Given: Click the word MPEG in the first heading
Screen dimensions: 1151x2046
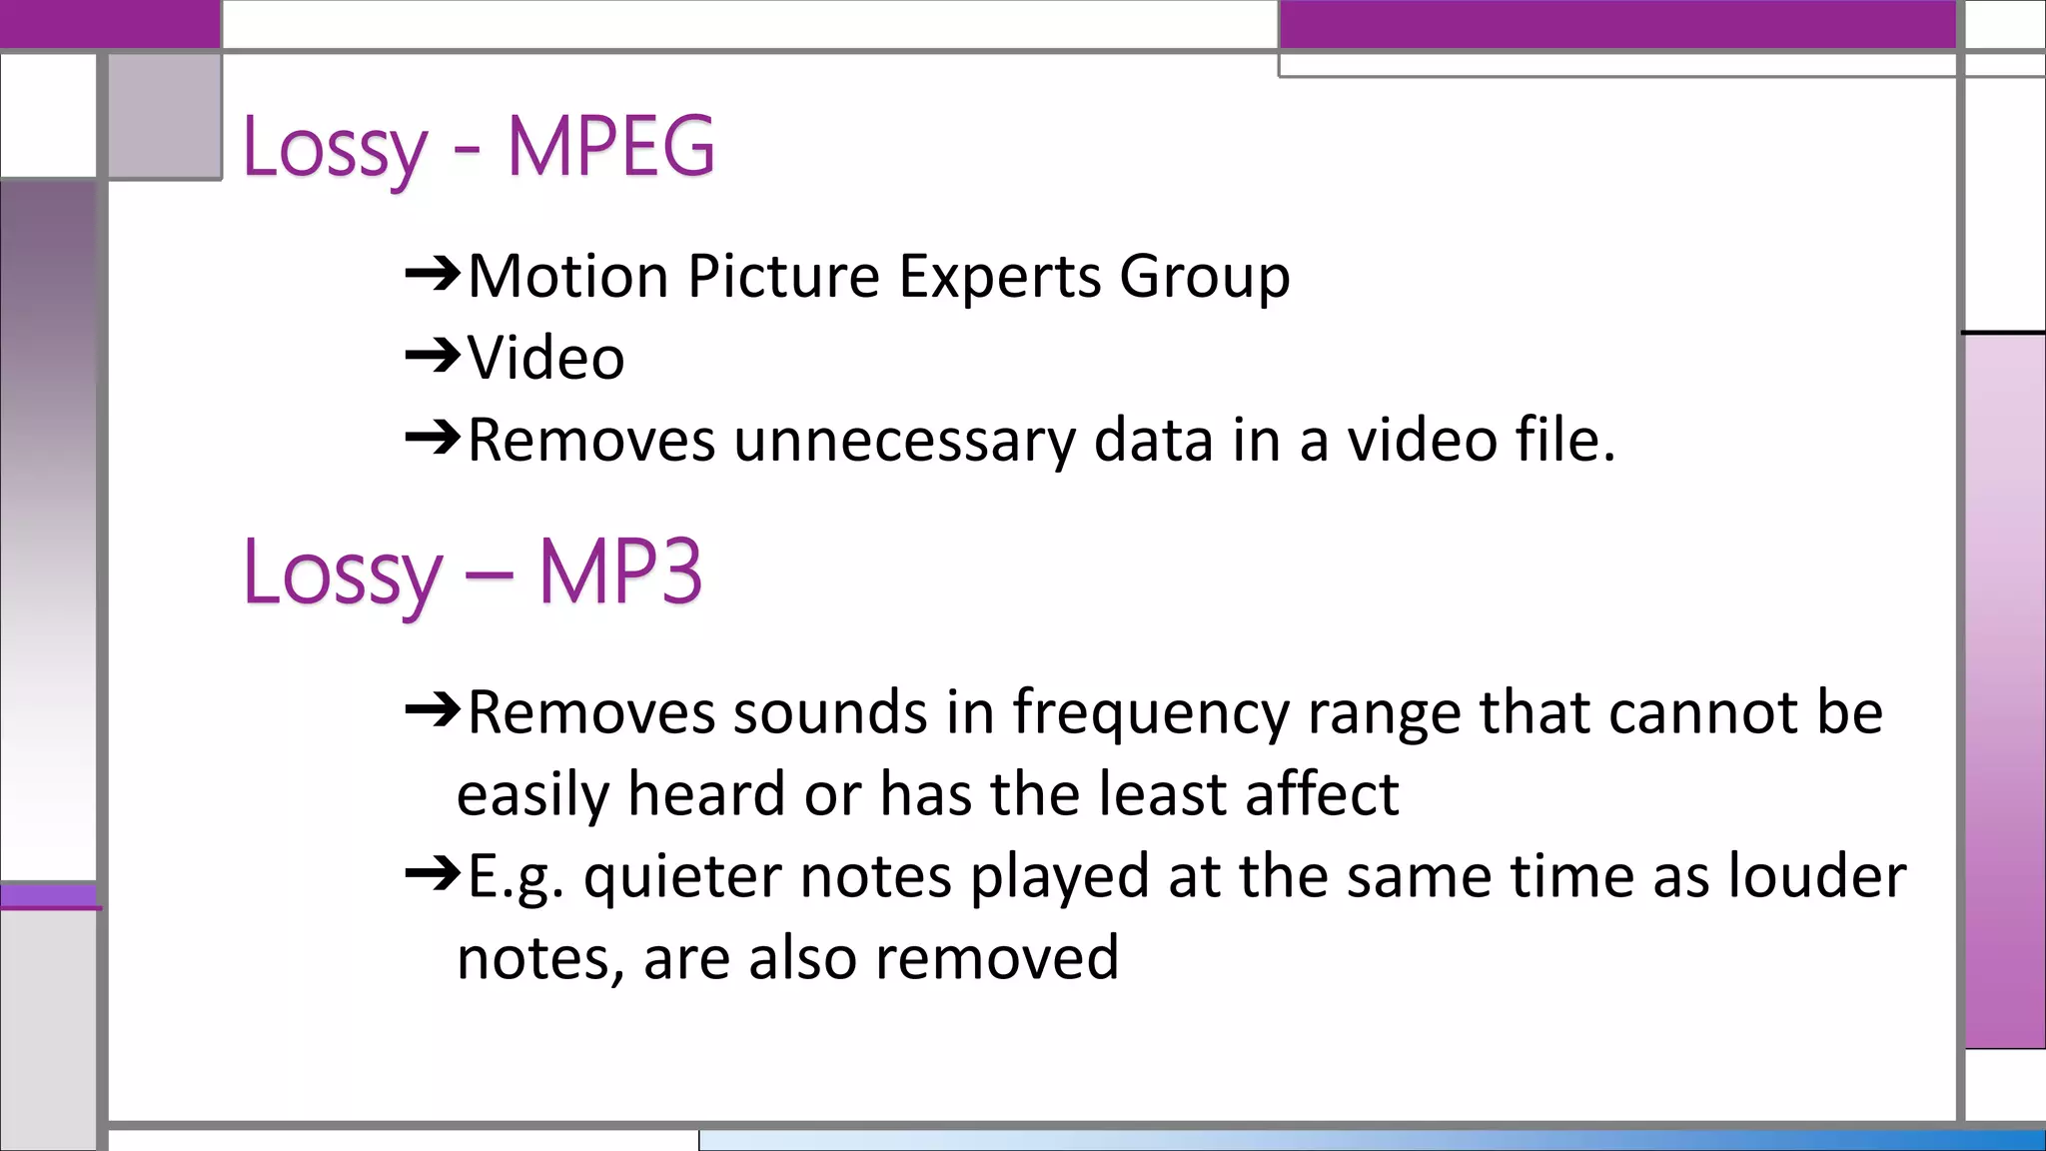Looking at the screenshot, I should (x=610, y=147).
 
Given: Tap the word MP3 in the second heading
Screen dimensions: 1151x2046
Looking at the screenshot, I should (x=620, y=573).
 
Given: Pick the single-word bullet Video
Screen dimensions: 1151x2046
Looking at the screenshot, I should (x=546, y=358).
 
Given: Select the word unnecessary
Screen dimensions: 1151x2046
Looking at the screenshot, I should (x=904, y=441).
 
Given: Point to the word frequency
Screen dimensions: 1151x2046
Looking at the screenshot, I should (x=1151, y=713).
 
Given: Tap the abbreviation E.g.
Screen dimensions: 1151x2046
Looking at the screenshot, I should (x=515, y=877).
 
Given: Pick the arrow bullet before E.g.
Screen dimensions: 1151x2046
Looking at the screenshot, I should (x=433, y=875).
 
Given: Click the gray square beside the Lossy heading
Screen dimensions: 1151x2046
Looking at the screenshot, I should (x=165, y=116).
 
